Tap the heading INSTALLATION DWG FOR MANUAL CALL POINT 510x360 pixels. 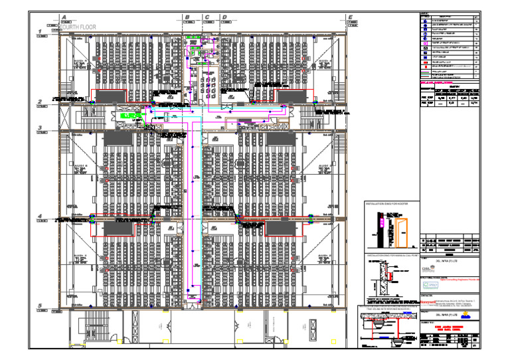coord(393,255)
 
